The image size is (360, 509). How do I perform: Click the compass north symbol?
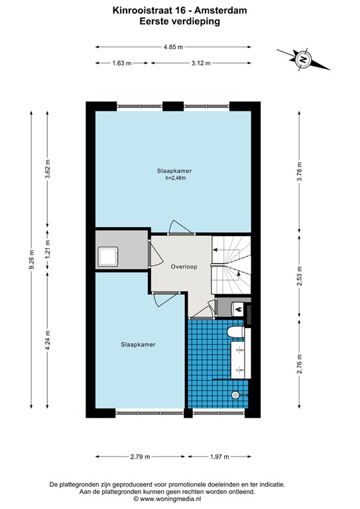point(303,60)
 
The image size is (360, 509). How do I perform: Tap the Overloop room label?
point(184,267)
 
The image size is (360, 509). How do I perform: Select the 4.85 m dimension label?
point(173,47)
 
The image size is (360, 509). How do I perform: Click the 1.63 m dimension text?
point(122,63)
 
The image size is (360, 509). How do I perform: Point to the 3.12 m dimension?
point(201,63)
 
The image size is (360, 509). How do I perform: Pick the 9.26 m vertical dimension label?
point(31,259)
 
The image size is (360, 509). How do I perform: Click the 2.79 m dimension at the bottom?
point(141,457)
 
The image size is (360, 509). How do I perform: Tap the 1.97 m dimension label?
point(219,457)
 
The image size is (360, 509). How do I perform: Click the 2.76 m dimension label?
point(299,364)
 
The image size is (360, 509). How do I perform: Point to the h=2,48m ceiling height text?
point(176,178)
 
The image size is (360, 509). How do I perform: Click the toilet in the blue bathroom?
point(236,332)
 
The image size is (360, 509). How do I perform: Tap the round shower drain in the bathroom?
point(235,395)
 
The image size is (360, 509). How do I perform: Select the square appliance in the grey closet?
point(108,256)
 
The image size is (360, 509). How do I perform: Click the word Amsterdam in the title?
point(220,11)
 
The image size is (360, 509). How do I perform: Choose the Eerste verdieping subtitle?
point(180,21)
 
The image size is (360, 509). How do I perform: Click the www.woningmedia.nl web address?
point(171,498)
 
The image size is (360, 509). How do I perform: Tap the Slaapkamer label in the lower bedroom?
point(138,345)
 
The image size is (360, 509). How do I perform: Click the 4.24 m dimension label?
point(47,340)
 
